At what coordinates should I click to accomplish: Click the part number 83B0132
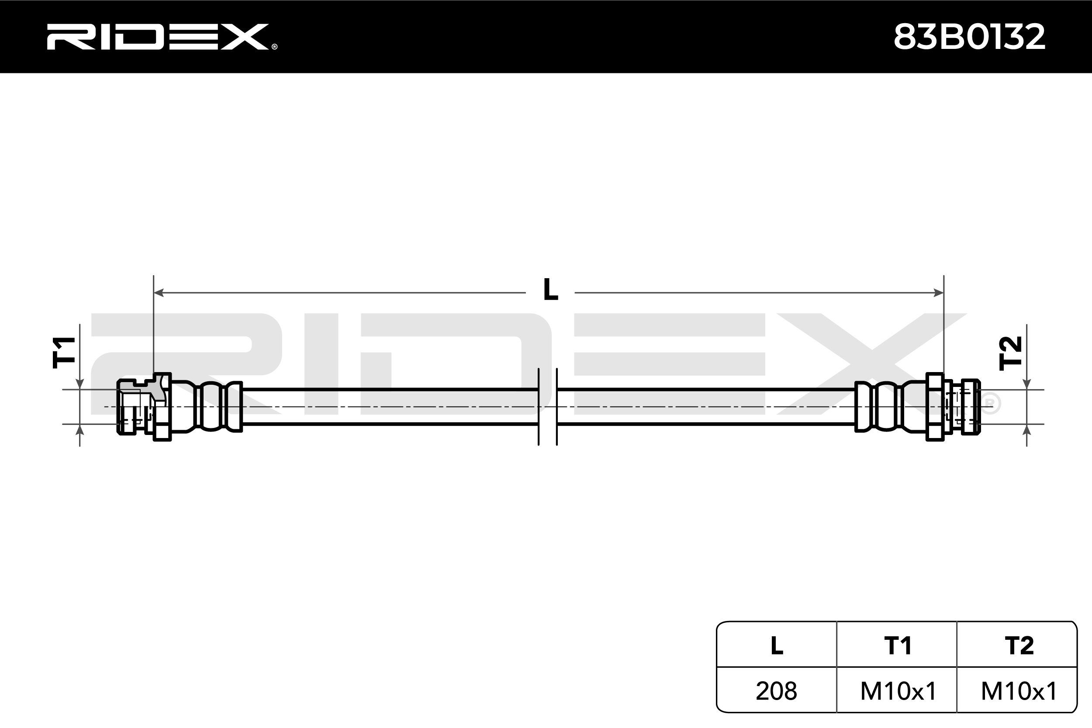[x=969, y=37]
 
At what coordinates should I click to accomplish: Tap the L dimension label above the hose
[x=551, y=290]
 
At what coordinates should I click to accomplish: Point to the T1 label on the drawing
[x=64, y=352]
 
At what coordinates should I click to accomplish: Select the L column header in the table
[x=776, y=645]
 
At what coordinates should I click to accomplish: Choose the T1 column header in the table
[x=898, y=645]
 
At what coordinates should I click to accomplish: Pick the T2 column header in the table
[x=1019, y=645]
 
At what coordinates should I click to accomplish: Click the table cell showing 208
[x=776, y=691]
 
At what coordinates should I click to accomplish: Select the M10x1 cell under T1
[x=898, y=691]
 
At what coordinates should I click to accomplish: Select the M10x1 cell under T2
[x=1019, y=691]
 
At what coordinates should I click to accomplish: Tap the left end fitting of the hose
[x=144, y=407]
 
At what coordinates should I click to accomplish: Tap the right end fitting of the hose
[x=952, y=407]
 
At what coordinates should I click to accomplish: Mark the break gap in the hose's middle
[x=547, y=407]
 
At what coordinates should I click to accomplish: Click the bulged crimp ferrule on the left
[x=212, y=407]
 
